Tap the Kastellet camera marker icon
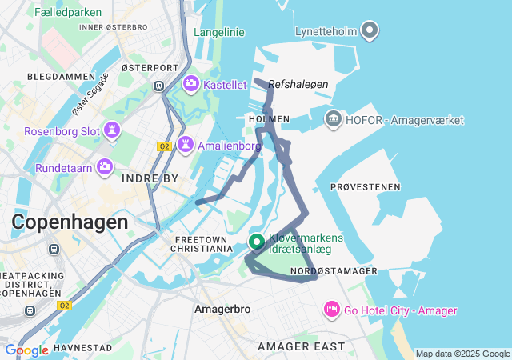click(x=191, y=83)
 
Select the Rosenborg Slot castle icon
click(x=111, y=130)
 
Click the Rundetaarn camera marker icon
click(x=104, y=167)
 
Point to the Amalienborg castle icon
click(x=186, y=145)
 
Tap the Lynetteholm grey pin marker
click(x=369, y=30)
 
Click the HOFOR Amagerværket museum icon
click(x=333, y=119)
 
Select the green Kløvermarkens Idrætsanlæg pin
click(x=257, y=241)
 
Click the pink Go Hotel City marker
click(x=331, y=310)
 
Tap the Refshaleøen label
click(x=298, y=84)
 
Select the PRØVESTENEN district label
click(x=365, y=187)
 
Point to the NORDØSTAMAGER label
click(x=334, y=272)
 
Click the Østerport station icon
click(x=159, y=86)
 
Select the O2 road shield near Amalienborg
click(x=165, y=146)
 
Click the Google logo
click(x=26, y=350)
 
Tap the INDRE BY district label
click(x=150, y=179)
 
